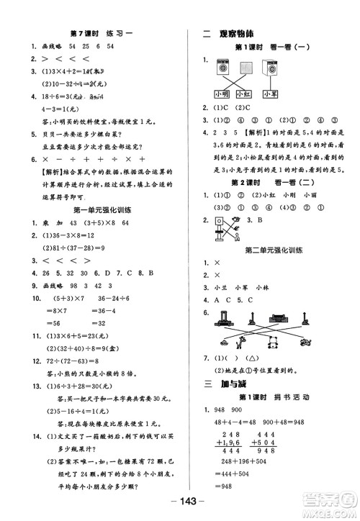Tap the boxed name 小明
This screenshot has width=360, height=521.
click(x=221, y=94)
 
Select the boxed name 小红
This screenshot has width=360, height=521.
click(x=243, y=94)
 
